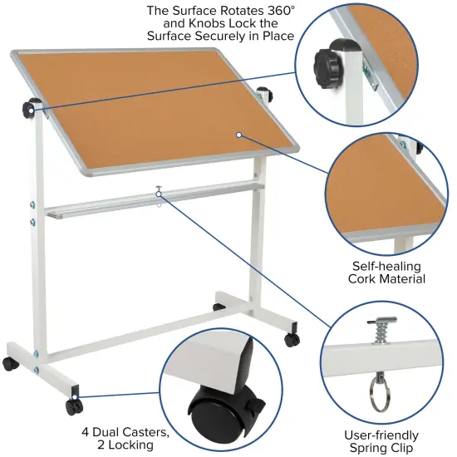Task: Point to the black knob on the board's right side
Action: tap(265, 92)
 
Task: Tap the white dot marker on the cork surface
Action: tap(238, 134)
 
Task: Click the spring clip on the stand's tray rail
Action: tap(158, 193)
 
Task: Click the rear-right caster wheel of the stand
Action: tap(292, 339)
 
